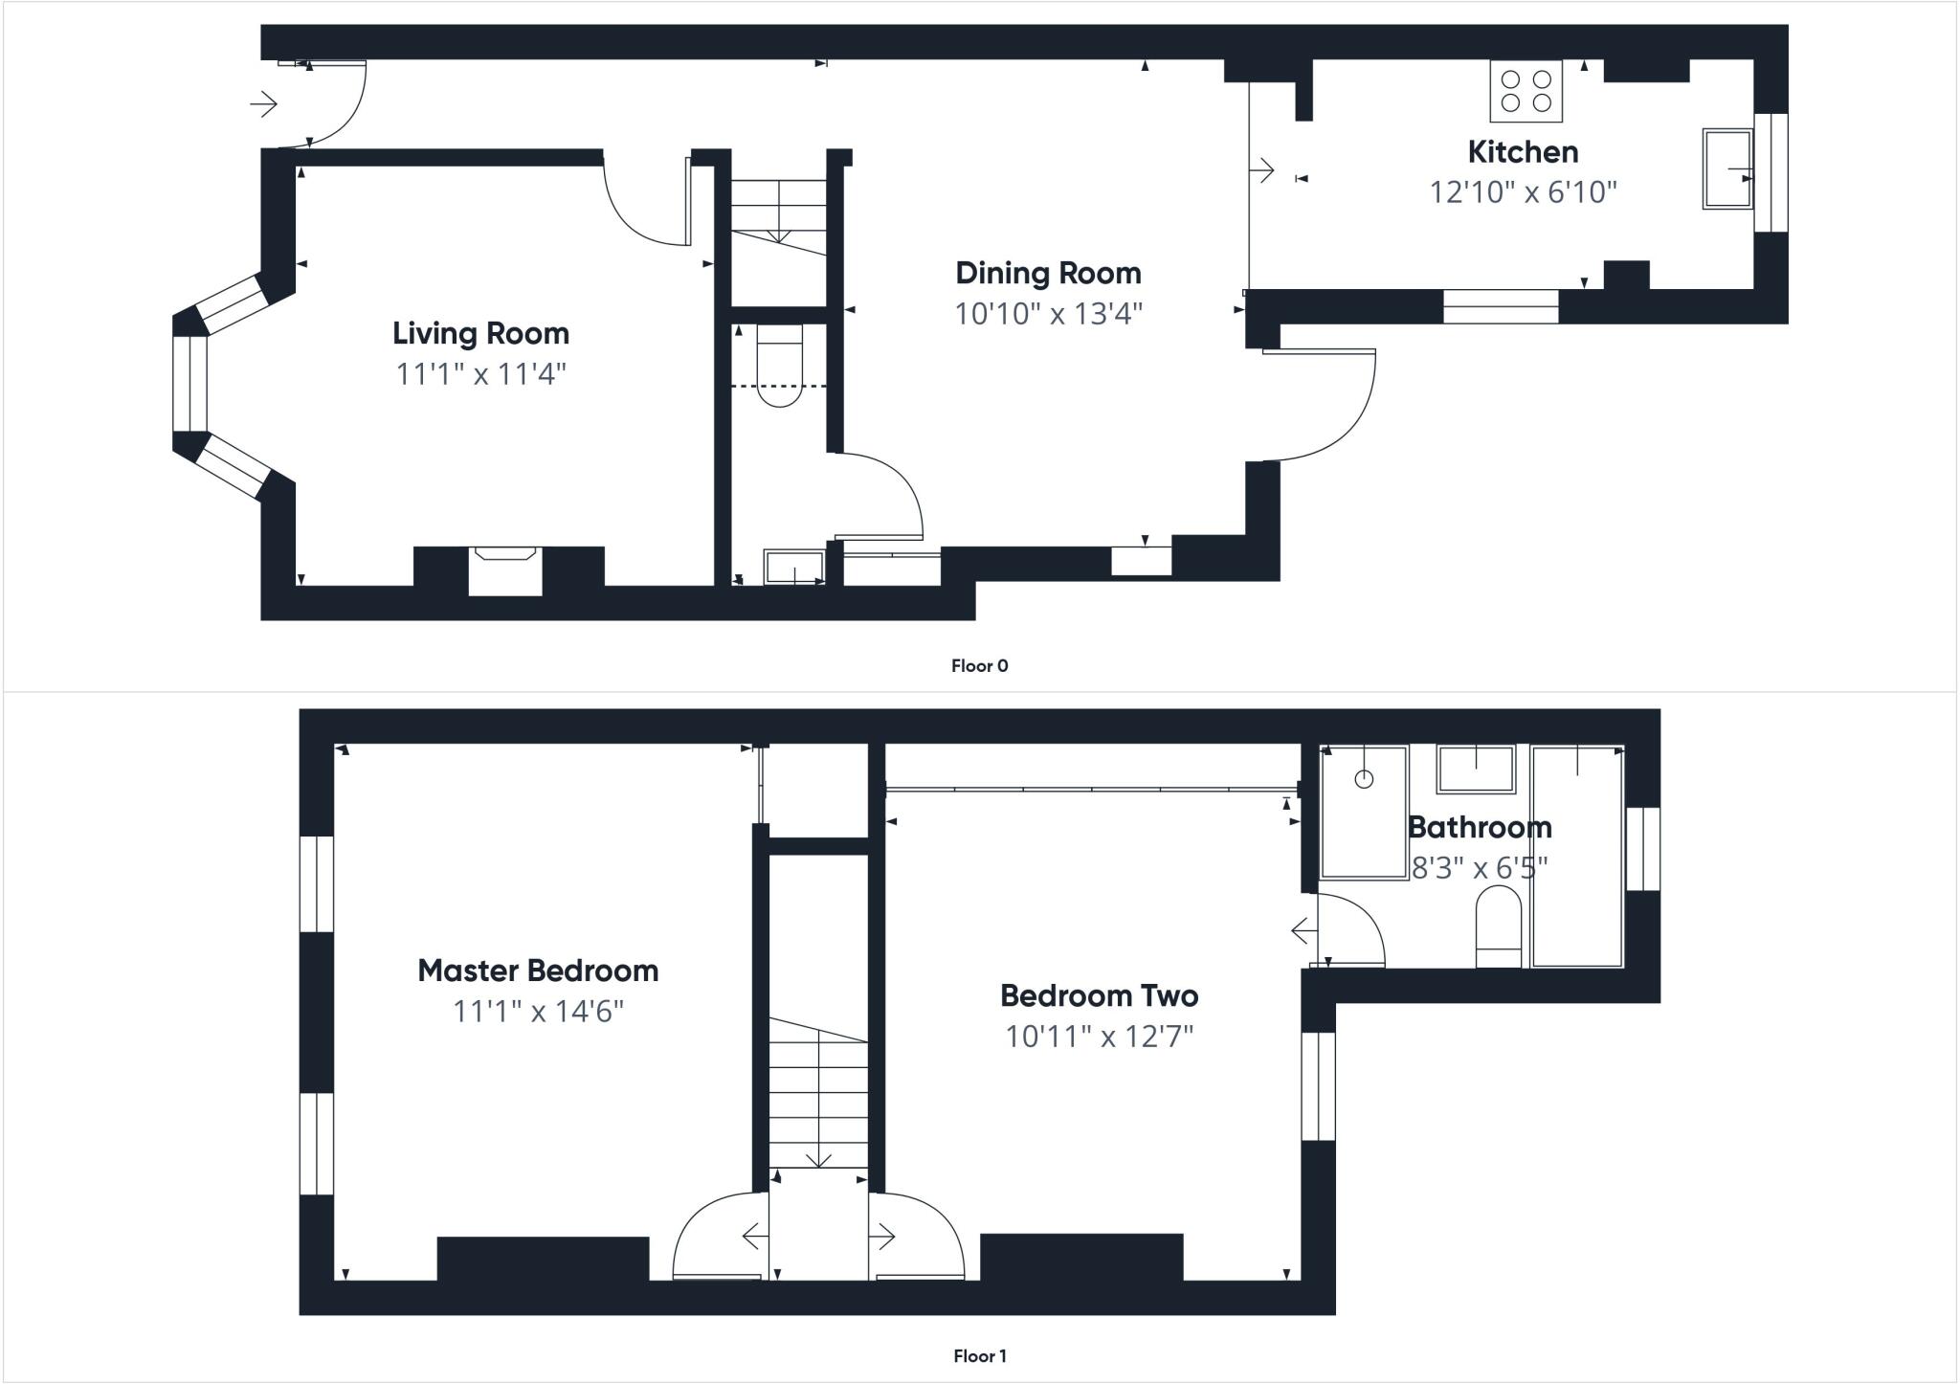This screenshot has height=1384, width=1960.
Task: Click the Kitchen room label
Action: [x=1523, y=152]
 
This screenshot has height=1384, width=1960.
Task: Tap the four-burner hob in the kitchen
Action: [x=1526, y=92]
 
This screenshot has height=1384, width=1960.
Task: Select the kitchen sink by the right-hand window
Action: [x=1727, y=169]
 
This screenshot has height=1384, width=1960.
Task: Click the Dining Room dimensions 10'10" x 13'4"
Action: [x=1048, y=314]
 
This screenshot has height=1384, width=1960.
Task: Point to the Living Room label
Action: [x=480, y=333]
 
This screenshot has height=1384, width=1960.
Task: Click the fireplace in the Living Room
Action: [x=505, y=570]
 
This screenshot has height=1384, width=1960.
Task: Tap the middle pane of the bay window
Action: [x=190, y=383]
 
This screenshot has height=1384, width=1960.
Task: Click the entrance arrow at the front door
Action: [x=264, y=103]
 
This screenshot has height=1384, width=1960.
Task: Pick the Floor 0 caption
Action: [x=979, y=666]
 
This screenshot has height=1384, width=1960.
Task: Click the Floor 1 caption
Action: [x=979, y=1356]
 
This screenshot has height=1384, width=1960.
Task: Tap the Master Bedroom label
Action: [x=538, y=971]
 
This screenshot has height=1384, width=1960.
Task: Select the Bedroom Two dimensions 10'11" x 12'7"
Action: [x=1099, y=1037]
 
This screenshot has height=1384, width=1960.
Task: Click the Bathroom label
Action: [x=1480, y=827]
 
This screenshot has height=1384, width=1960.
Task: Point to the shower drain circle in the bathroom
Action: [x=1364, y=779]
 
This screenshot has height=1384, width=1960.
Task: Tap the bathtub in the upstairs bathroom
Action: [x=1576, y=857]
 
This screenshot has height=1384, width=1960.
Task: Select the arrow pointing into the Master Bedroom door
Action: [x=754, y=1237]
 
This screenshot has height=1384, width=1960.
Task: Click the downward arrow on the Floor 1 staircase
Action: [x=818, y=1159]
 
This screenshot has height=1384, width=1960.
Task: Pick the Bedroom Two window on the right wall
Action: [x=1318, y=1086]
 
